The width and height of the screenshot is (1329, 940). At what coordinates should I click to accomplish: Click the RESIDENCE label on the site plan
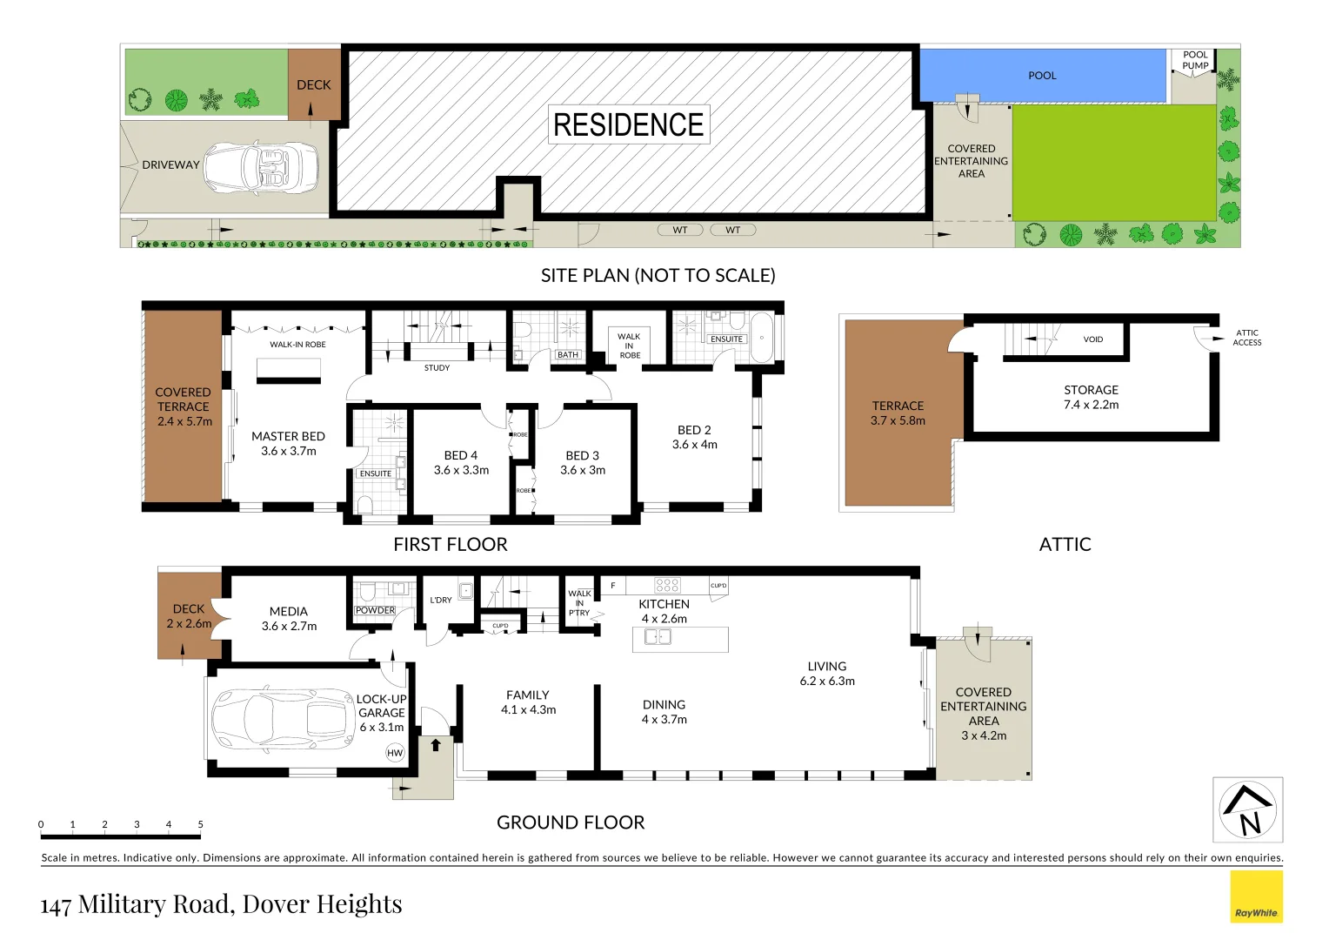(x=628, y=124)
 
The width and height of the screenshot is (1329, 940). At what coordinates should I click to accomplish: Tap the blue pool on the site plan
(x=1042, y=76)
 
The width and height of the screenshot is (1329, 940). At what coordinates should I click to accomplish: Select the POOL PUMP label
(x=1195, y=60)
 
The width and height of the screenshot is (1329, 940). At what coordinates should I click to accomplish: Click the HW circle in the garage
(x=395, y=753)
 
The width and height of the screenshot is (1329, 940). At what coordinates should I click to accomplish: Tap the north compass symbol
(x=1248, y=810)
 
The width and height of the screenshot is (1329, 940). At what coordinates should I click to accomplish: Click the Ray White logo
(x=1256, y=896)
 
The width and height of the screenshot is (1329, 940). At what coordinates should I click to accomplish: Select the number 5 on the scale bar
(x=200, y=824)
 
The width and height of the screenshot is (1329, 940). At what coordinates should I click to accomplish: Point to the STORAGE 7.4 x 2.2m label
(x=1091, y=397)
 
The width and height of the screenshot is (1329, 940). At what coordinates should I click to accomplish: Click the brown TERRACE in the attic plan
(x=898, y=413)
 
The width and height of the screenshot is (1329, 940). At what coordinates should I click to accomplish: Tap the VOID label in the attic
(x=1092, y=339)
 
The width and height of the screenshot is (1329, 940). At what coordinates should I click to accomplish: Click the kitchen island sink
(x=658, y=637)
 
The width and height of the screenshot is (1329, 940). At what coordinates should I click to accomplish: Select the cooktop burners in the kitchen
(x=667, y=585)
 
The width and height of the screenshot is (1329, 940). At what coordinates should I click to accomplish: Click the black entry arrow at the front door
(x=436, y=745)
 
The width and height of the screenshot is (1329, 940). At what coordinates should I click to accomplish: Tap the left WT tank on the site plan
(x=680, y=230)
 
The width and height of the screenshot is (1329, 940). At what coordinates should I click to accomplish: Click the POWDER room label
(x=375, y=610)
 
